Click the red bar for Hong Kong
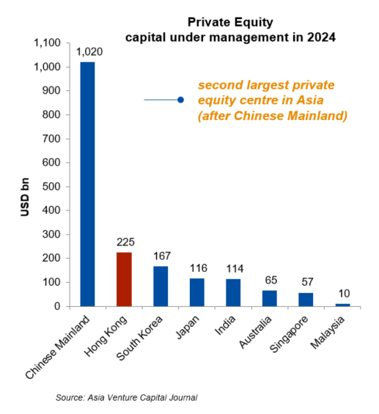124,279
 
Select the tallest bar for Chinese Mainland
87,184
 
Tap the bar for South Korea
161,286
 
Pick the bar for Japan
197,292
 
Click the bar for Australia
270,298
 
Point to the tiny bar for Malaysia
343,304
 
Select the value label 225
124,243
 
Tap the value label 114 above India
233,269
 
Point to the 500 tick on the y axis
54,186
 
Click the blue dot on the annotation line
180,100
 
